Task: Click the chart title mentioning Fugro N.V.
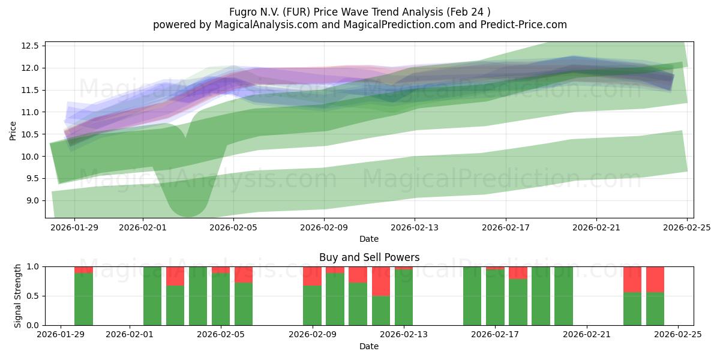(359, 11)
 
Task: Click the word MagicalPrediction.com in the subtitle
(388, 25)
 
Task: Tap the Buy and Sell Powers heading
(368, 257)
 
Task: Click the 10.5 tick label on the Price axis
(31, 134)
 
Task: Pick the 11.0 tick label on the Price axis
(31, 112)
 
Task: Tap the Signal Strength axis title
(18, 296)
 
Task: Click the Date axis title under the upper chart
(368, 239)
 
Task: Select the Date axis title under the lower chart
(368, 346)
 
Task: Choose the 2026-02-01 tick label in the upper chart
(143, 227)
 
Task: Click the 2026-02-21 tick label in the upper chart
(596, 227)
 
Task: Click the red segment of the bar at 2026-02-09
(312, 276)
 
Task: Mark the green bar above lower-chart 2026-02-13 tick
(404, 298)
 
